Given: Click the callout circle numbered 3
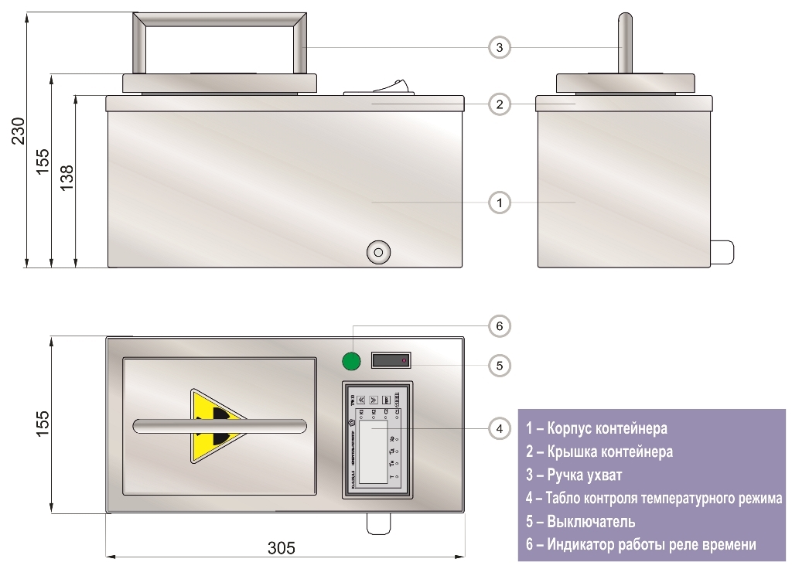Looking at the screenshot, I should [500, 48].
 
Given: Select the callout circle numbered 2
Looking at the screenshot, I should [500, 104].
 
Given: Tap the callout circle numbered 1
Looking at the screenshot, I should [500, 203].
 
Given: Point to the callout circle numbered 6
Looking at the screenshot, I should [500, 326].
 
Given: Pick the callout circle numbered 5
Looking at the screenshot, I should [500, 366].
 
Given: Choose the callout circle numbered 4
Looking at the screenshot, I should [500, 427].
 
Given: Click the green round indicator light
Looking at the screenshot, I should [352, 361].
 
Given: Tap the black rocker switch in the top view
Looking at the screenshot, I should [391, 361].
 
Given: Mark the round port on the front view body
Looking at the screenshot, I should [378, 252].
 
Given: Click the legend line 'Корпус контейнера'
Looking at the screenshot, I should [596, 428].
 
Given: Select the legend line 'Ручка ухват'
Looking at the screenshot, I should [574, 475].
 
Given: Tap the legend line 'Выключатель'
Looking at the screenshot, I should [581, 521].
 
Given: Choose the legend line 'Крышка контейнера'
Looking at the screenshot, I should [599, 451].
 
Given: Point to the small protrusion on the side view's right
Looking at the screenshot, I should [721, 250].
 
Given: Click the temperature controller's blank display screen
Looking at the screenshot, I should [372, 456].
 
